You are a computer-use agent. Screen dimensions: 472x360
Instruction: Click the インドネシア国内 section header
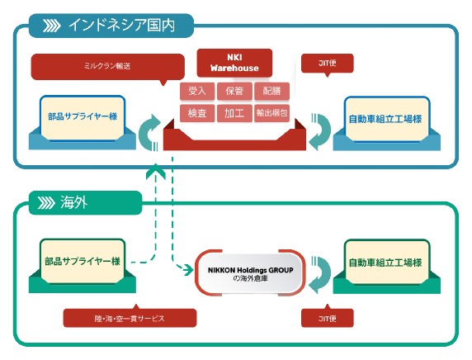(111, 26)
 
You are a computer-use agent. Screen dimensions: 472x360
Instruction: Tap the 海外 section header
(85, 203)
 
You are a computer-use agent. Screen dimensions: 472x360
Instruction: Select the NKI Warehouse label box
(234, 63)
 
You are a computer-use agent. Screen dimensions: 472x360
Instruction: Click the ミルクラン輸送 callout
(108, 67)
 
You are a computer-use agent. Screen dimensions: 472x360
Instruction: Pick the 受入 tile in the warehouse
(197, 91)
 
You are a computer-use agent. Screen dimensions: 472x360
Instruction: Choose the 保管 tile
(234, 91)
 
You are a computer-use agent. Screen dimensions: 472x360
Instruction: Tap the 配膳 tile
(271, 91)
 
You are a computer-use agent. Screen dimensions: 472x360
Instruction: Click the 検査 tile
(197, 113)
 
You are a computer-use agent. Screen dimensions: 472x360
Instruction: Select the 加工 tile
(234, 113)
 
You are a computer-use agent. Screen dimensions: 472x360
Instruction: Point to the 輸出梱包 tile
(271, 113)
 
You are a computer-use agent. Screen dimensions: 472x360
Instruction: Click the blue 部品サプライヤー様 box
(83, 117)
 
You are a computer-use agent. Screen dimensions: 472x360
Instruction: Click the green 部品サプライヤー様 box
(83, 261)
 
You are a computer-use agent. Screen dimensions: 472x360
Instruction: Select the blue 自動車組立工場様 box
(386, 119)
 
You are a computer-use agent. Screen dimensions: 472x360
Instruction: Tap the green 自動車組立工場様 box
(386, 262)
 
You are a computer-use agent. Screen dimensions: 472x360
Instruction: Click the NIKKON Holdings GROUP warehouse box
(250, 273)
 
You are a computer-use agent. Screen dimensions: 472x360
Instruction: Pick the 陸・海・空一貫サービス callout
(130, 318)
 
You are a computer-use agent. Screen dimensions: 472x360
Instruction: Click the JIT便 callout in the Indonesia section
(328, 64)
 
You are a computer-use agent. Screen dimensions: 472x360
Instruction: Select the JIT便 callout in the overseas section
(328, 317)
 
